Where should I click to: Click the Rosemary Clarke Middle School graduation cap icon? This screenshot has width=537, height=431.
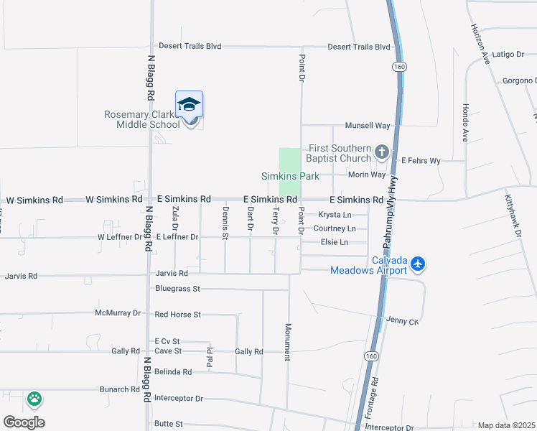point(190,105)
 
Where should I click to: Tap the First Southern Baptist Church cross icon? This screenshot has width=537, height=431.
point(381,152)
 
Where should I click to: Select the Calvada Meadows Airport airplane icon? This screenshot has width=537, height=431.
point(419,264)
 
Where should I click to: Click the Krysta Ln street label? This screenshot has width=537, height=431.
point(335,215)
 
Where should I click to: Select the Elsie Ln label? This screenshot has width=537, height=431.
point(334,242)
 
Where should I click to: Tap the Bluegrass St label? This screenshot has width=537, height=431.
point(177,288)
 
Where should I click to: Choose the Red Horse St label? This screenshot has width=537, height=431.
point(177,314)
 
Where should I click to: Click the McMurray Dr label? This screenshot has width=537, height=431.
point(118,313)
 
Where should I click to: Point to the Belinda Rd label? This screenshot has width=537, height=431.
point(173,372)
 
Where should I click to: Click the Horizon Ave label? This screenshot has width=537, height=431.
point(480,42)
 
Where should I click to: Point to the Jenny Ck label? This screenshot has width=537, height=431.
point(402,320)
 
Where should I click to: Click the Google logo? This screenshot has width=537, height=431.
point(24,422)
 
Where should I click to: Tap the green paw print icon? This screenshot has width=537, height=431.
point(34,398)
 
